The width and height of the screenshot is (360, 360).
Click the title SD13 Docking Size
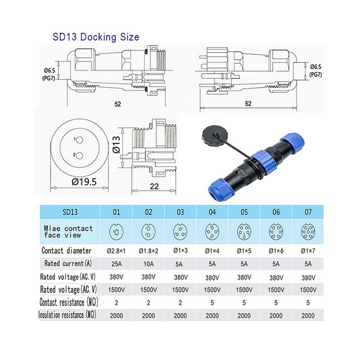pyautogui.click(x=96, y=37)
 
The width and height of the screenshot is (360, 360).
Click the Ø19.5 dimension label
pyautogui.click(x=84, y=182)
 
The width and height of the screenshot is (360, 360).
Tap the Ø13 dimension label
pyautogui.click(x=117, y=144)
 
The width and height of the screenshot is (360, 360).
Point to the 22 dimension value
pyautogui.click(x=154, y=186)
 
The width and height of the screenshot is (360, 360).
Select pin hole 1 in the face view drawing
pyautogui.click(x=80, y=140)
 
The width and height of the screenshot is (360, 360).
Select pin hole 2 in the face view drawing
pyautogui.click(x=80, y=156)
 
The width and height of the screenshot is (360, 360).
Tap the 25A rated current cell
pyautogui.click(x=117, y=264)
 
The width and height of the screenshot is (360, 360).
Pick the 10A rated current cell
pyautogui.click(x=148, y=264)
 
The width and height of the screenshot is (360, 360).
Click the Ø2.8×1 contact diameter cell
pyautogui.click(x=116, y=251)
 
